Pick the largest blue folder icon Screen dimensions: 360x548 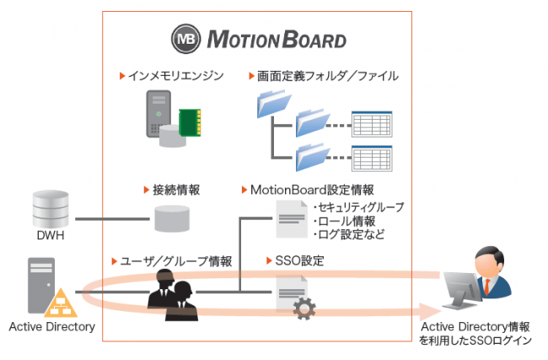[x=271, y=105]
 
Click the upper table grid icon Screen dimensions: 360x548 [x=370, y=125]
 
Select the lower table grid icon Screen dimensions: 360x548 [x=370, y=158]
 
